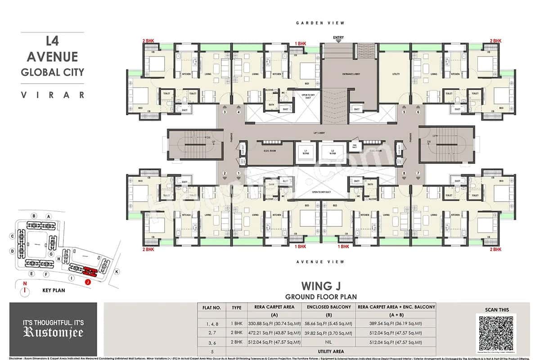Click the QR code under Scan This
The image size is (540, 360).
point(496,333)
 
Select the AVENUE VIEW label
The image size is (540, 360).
point(320,261)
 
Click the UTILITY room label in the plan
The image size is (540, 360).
point(396,74)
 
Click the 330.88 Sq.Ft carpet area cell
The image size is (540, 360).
point(274,323)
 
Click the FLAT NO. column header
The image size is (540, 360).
point(211,308)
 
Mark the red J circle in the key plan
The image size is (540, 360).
point(88,282)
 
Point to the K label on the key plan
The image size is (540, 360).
point(117,272)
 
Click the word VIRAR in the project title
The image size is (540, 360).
point(53,94)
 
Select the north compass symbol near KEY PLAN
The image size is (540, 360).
point(25,290)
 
